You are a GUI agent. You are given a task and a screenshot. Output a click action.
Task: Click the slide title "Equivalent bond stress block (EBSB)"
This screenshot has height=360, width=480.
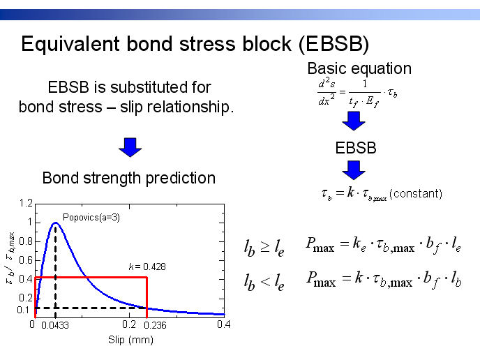coord(195,44)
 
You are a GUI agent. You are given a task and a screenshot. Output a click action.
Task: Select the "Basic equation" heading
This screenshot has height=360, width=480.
coord(359,68)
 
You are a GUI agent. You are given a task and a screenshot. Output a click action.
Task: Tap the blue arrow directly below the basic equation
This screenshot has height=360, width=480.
coord(354,121)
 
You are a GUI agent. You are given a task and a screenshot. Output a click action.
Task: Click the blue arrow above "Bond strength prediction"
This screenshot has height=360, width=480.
coord(130,147)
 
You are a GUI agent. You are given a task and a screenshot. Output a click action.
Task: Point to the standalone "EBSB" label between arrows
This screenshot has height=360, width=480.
coord(356,148)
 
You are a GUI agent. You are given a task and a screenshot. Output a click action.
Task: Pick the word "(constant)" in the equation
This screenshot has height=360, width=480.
coord(416,194)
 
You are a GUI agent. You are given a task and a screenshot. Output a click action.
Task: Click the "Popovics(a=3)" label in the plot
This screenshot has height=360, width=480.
coord(91,218)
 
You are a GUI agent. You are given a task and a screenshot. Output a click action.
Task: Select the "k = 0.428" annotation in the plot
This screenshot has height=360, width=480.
coord(147,267)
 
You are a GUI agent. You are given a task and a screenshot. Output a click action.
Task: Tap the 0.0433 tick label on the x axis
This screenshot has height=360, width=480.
coord(55,325)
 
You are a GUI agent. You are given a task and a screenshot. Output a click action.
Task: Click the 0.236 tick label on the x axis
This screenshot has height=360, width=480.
coord(155,325)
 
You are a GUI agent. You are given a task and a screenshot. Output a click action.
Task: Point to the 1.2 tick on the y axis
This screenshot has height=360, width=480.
coord(26,203)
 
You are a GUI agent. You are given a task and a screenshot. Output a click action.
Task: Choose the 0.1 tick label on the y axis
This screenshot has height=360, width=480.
coord(23,310)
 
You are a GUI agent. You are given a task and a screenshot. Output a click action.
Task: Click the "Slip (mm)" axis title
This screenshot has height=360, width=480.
coord(130,340)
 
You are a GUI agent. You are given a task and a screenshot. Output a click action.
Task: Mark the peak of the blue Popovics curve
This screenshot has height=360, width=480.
coord(56,223)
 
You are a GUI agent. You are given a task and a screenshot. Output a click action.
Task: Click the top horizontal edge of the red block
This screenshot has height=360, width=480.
coord(91,278)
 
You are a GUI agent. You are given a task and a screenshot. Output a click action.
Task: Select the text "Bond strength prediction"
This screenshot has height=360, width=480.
coord(129,178)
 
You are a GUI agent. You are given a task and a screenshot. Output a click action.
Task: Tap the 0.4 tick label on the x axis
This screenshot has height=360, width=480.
coord(224,324)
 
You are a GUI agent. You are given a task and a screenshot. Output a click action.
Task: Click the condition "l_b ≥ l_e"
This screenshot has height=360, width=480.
coord(264,248)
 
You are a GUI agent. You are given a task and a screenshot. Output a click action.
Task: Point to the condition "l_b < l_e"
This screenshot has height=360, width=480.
coord(264,283)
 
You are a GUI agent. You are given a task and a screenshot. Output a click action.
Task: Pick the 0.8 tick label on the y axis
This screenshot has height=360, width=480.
coord(26,241)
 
